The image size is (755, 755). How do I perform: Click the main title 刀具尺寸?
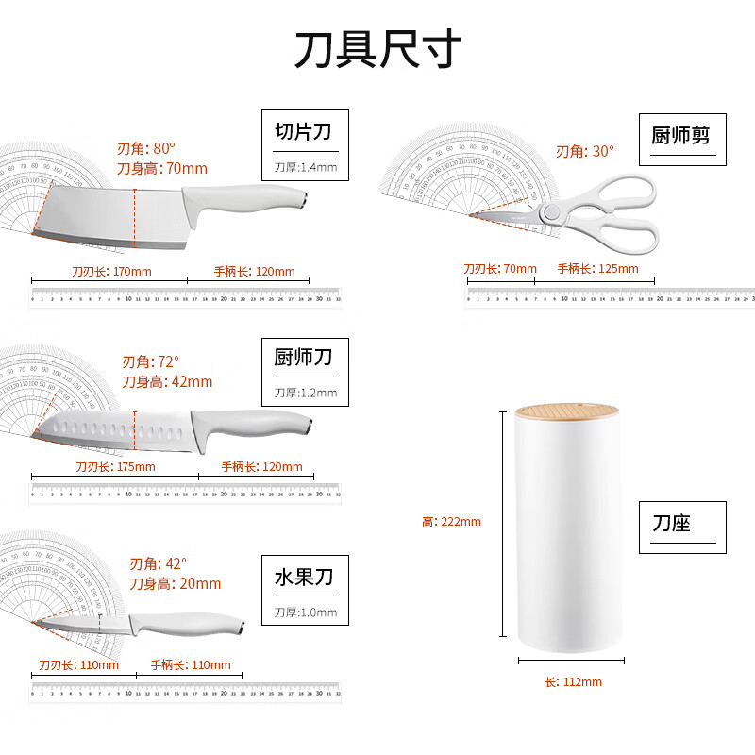tap(377, 49)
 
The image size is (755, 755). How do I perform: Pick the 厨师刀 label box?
tap(305, 372)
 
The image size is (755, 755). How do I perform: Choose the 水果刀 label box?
tap(305, 590)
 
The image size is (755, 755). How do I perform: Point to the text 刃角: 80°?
tap(146, 149)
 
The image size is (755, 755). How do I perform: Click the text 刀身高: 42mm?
tap(167, 382)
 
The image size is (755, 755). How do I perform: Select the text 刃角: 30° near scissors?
tap(584, 151)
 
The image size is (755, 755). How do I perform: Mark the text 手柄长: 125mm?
tap(597, 269)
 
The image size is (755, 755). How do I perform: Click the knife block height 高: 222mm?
tap(451, 522)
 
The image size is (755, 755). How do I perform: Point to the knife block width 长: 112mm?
tap(572, 682)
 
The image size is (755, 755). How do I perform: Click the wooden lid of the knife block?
tap(566, 412)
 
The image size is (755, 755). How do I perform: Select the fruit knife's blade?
tap(80, 624)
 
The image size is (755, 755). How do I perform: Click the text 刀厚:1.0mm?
tap(305, 612)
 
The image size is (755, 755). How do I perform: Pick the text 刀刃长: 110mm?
tap(79, 664)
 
